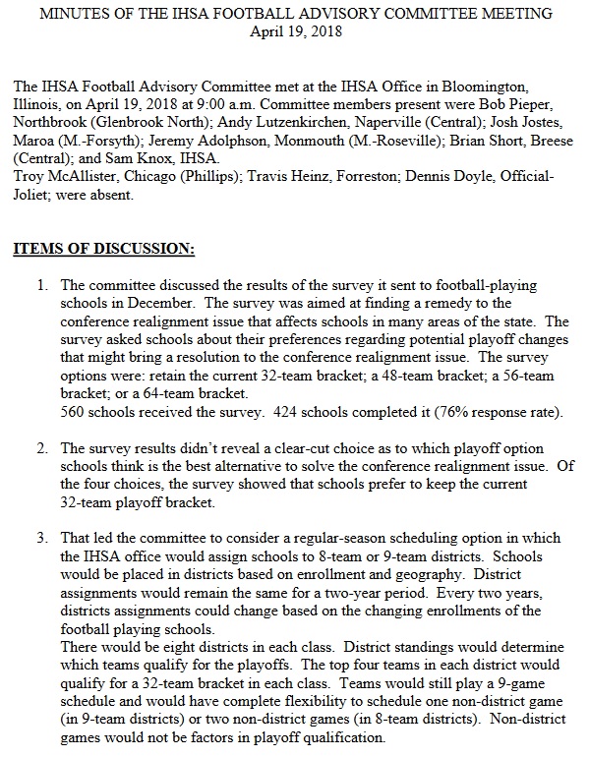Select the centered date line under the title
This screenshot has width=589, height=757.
pyautogui.click(x=294, y=30)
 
